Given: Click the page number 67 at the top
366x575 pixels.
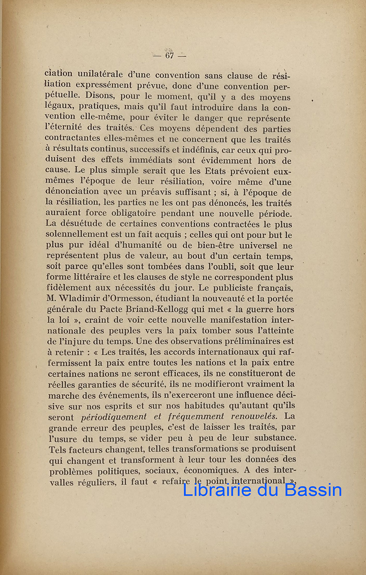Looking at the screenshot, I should coord(169,56).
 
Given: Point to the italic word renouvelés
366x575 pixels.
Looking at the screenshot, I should coord(257,416).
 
